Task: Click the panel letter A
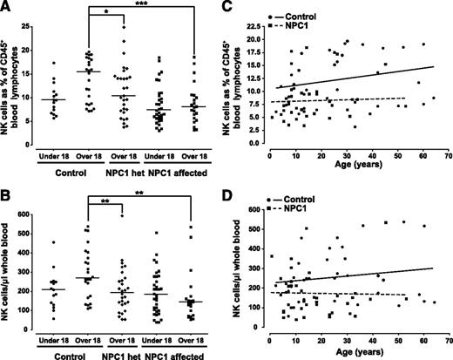[8, 7]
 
